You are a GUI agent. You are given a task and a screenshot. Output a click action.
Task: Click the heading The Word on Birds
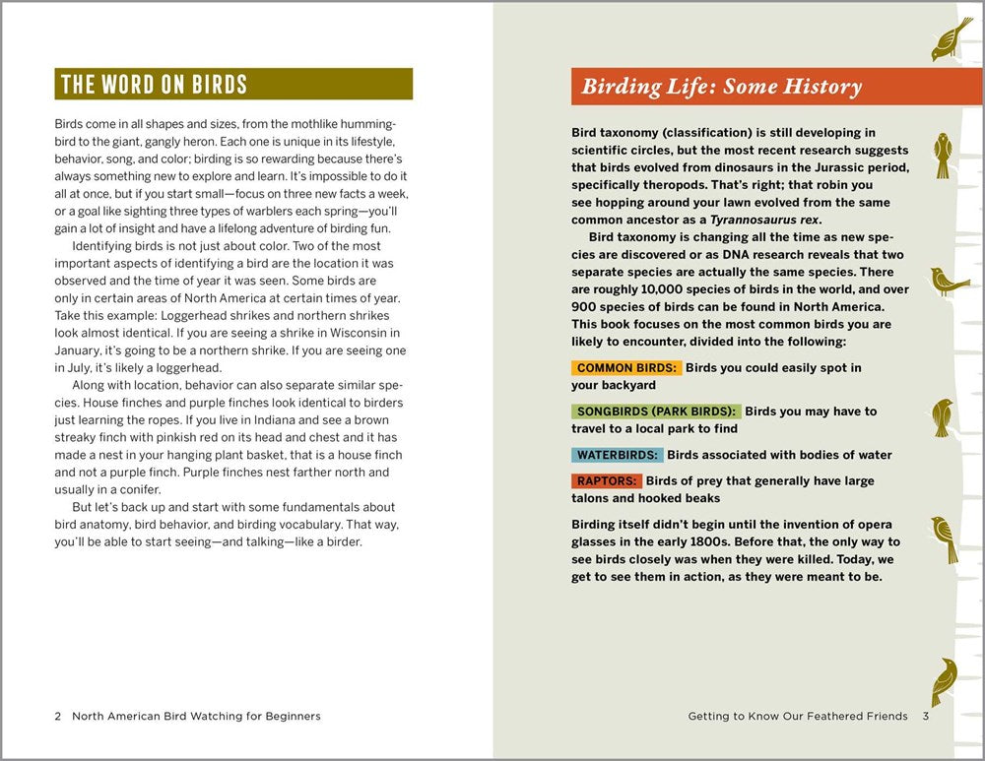155,84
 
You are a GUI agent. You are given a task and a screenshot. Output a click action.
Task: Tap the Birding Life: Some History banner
721,87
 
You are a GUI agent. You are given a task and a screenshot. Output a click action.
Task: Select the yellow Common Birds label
626,368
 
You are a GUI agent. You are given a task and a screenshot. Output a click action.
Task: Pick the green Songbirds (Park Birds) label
655,412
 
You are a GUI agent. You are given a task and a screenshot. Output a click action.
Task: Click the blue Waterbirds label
617,455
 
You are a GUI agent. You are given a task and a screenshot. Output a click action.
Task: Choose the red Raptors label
607,481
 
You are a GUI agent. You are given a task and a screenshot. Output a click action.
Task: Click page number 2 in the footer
58,716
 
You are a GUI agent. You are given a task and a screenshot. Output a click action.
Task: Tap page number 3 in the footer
926,716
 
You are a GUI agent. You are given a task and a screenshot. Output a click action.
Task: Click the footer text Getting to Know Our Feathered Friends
798,716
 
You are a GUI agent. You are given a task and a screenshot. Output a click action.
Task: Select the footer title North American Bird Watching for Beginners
196,716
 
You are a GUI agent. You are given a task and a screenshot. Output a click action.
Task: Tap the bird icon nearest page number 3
945,681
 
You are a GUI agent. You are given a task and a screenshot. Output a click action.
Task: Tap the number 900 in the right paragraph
585,307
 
